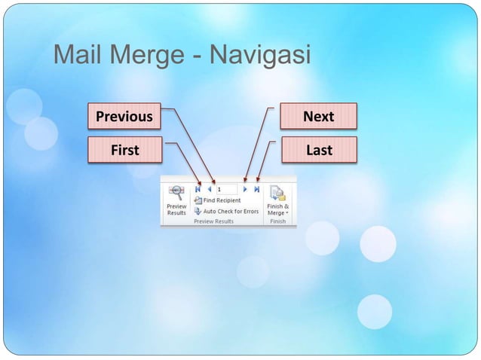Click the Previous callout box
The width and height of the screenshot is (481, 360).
124,117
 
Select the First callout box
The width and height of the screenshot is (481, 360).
124,150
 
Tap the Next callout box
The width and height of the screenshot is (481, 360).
318,117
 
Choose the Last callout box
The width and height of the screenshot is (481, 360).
318,150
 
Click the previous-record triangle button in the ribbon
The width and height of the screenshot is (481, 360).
209,190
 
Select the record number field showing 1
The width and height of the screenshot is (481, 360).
226,190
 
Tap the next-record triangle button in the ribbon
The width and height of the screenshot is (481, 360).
246,190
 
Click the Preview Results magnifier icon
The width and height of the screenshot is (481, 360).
176,193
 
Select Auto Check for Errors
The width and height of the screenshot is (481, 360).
231,211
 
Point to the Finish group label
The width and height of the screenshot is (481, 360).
277,221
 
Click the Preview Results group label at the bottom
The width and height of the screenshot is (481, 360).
214,221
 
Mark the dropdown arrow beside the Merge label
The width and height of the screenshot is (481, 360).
287,213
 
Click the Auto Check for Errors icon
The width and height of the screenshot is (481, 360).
198,211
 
